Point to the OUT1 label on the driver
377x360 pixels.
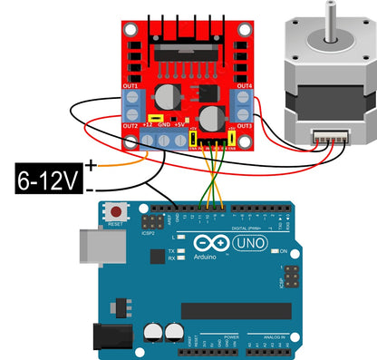point(130,86)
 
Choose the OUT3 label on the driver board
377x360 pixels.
point(244,125)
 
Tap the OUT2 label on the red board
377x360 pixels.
point(130,125)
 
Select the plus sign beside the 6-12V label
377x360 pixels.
point(91,165)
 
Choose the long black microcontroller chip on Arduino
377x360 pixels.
point(236,311)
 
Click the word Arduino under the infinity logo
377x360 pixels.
point(207,258)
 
